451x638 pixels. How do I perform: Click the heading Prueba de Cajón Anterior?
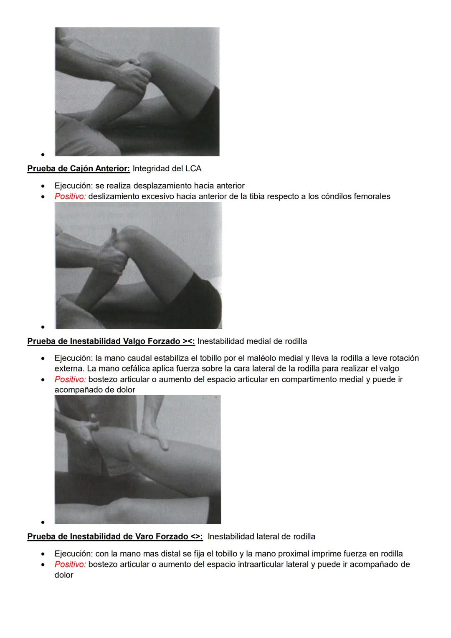79,169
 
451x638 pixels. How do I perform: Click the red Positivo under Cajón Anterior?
70,196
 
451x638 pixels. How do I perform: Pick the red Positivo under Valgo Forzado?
70,379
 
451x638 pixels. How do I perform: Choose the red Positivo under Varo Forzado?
70,564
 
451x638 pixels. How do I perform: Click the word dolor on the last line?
64,575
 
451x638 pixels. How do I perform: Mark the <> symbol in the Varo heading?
196,536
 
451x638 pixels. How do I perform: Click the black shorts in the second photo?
196,301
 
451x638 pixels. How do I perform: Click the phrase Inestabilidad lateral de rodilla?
261,536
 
